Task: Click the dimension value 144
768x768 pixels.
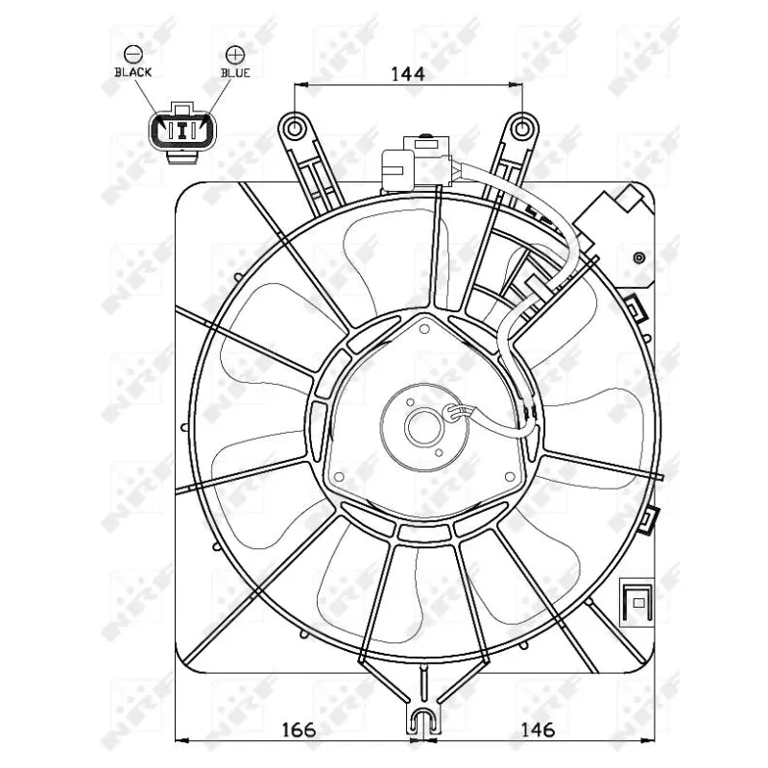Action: [x=408, y=72]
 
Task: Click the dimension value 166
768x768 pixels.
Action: [x=300, y=729]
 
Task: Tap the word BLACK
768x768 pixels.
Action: [x=132, y=72]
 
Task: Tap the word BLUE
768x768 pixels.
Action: [x=234, y=72]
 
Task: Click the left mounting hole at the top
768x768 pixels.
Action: [x=294, y=127]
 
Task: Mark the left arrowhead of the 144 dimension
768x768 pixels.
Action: [x=299, y=84]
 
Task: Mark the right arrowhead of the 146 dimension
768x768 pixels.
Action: [x=658, y=740]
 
